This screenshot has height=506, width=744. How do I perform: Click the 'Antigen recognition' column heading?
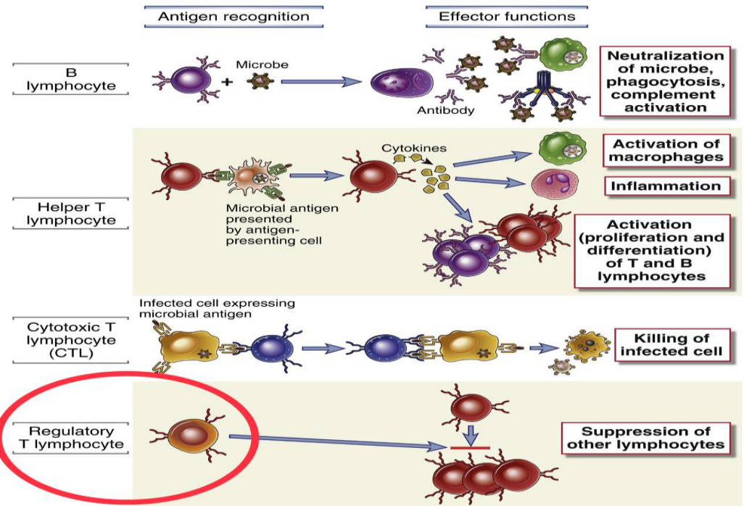(x=233, y=17)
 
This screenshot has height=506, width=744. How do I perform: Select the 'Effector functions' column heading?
(x=507, y=17)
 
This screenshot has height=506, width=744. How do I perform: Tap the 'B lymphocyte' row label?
(x=70, y=79)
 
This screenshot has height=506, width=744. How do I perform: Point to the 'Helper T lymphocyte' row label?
(x=70, y=213)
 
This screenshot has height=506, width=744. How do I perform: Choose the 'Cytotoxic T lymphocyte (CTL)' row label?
(x=70, y=340)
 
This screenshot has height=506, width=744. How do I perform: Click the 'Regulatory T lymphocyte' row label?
(x=70, y=438)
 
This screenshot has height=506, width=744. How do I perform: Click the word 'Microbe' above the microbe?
(x=262, y=65)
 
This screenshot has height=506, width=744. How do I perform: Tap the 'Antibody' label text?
(x=445, y=110)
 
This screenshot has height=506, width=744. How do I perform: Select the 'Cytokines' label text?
(x=414, y=148)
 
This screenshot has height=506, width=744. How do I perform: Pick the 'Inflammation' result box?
(x=666, y=186)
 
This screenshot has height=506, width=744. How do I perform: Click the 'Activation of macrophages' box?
(x=666, y=150)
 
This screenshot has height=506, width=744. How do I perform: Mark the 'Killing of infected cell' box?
(x=671, y=345)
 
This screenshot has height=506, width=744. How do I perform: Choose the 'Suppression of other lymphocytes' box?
(x=646, y=438)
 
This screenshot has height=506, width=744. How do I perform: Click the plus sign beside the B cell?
(x=228, y=82)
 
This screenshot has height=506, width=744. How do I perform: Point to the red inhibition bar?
(x=470, y=447)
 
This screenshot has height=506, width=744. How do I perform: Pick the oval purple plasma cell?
(x=402, y=81)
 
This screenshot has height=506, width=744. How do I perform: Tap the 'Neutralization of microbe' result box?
(x=665, y=82)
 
